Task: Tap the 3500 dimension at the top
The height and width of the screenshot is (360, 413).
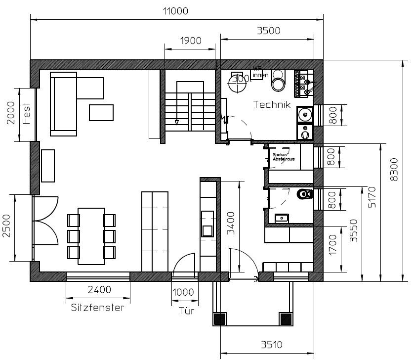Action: pyautogui.click(x=268, y=31)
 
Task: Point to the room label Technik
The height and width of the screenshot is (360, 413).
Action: pyautogui.click(x=271, y=104)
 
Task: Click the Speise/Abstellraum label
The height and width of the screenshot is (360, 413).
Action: pyautogui.click(x=284, y=157)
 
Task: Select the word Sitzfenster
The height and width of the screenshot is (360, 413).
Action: pyautogui.click(x=97, y=308)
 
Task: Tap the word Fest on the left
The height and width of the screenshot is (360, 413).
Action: pyautogui.click(x=27, y=113)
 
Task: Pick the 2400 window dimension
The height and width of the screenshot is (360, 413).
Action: pyautogui.click(x=98, y=290)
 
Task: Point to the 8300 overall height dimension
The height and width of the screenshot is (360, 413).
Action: pyautogui.click(x=394, y=170)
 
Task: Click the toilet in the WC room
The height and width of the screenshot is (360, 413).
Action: pyautogui.click(x=303, y=194)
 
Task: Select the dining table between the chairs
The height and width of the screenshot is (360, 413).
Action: pyautogui.click(x=91, y=233)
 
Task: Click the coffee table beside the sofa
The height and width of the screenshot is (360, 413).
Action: pyautogui.click(x=101, y=113)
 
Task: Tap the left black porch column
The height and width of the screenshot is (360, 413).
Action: pyautogui.click(x=220, y=319)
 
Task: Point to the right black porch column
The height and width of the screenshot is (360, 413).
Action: pyautogui.click(x=286, y=319)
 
